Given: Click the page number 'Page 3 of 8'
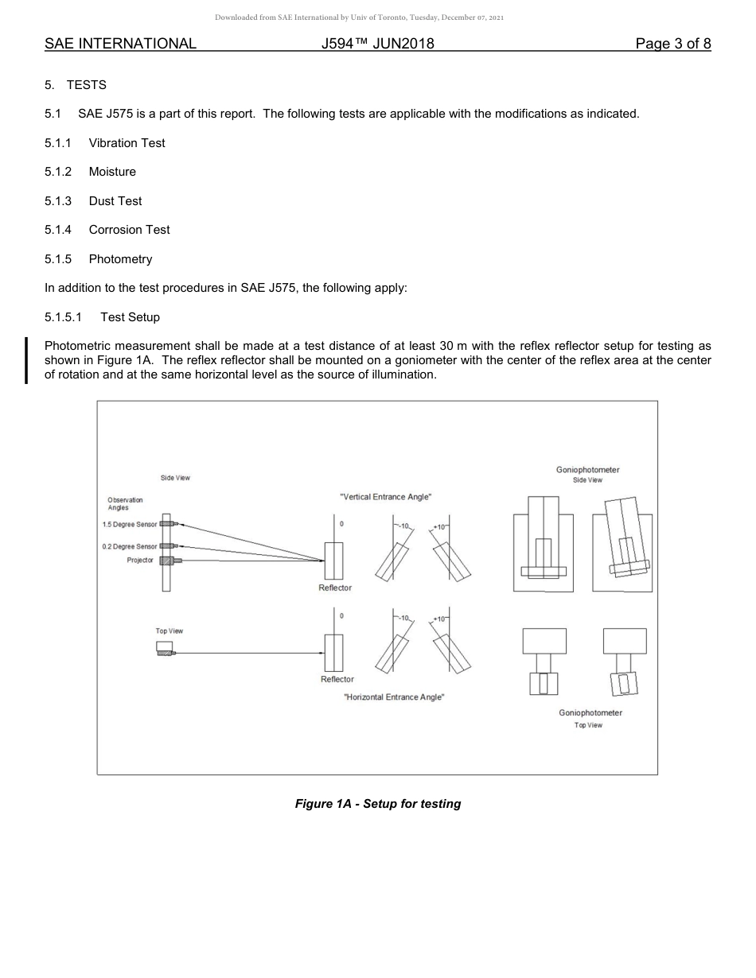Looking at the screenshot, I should point(672,44).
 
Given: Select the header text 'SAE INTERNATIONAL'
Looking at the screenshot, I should point(120,44).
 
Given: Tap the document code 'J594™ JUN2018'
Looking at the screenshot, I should point(378,44).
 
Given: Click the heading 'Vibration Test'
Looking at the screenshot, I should point(127,143).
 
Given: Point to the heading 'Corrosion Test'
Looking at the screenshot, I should point(129,230).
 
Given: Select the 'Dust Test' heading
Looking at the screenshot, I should point(115,201).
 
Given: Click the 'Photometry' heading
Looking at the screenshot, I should point(120,259).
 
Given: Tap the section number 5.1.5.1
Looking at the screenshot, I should point(63,317).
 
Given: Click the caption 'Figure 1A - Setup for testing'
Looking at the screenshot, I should point(378,804).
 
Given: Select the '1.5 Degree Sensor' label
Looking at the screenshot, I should point(130,525).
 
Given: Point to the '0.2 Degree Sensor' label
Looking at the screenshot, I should point(130,547).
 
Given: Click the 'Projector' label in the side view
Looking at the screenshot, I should point(140,561).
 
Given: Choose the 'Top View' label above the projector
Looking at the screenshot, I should point(169,631).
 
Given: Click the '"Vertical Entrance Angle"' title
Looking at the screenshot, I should point(386,497).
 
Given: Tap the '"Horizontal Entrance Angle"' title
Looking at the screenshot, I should point(394,697).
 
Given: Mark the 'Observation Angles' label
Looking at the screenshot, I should point(125,503).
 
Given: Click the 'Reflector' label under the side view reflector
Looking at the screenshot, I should point(335,588).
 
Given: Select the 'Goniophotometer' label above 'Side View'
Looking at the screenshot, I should point(587,470).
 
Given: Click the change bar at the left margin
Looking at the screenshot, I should point(26,360).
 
